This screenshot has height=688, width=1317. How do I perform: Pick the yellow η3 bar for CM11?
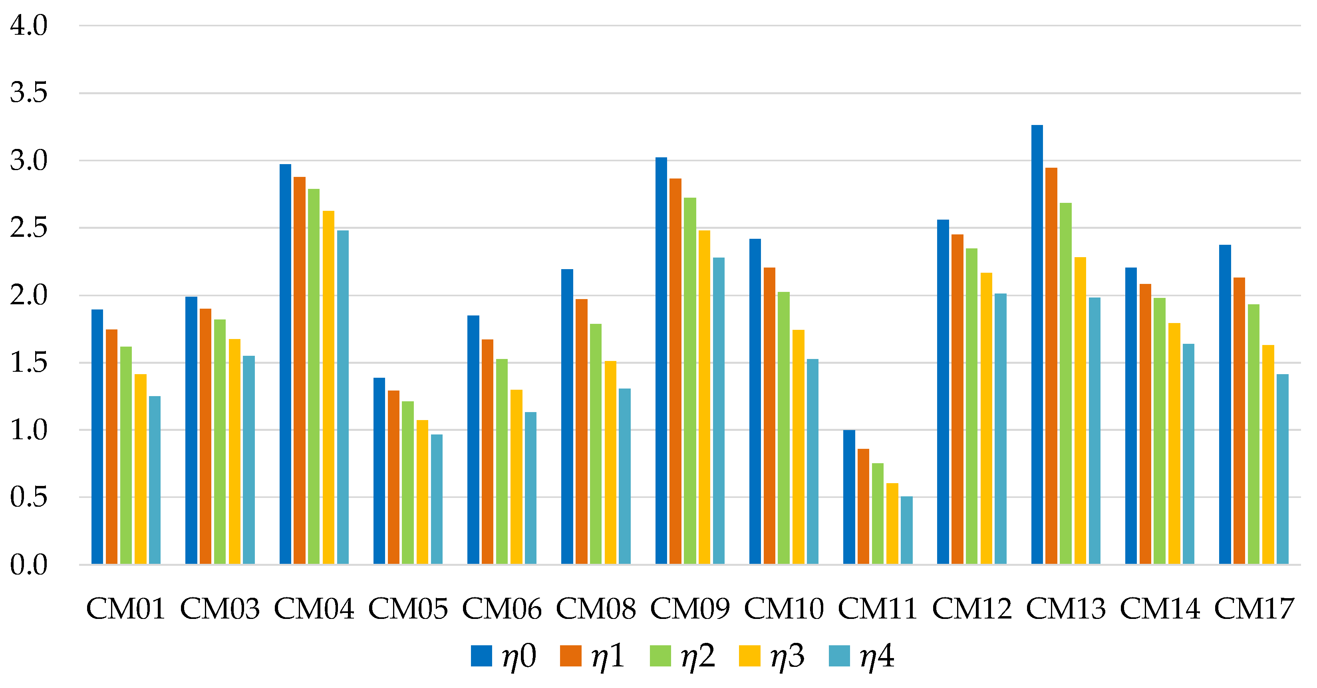(x=892, y=523)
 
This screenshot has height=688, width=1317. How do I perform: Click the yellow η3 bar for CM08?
(x=610, y=462)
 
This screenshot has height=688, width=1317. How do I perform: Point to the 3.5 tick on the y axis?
(x=29, y=93)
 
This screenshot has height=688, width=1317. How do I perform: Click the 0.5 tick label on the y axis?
(x=29, y=497)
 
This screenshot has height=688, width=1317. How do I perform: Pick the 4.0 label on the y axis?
(x=29, y=25)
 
